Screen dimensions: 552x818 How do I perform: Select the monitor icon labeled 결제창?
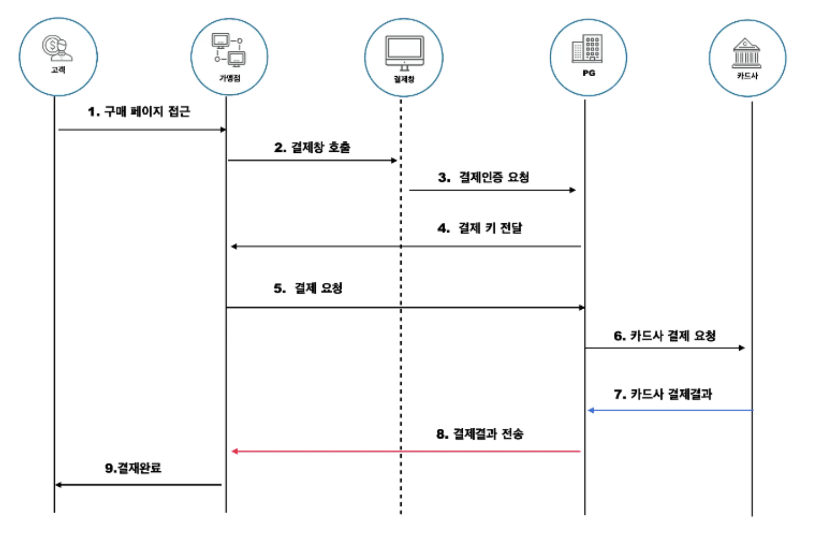(404, 53)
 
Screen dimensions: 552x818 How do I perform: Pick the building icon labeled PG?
(587, 49)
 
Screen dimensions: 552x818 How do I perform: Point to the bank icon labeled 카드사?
(746, 53)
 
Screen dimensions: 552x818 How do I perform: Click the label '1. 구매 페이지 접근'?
(139, 111)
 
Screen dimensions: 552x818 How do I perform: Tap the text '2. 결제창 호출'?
(312, 147)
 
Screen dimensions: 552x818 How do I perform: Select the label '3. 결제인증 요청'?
(483, 177)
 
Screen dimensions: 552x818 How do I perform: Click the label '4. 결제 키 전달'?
(479, 228)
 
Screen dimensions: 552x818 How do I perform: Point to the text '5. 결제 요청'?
(308, 288)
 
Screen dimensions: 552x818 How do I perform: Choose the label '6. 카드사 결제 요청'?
(664, 336)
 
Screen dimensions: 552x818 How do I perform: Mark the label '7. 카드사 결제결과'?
(662, 394)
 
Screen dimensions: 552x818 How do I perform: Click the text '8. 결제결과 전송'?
(479, 434)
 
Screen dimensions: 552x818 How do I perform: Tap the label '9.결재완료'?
(133, 468)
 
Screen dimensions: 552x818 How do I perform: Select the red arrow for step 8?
(406, 451)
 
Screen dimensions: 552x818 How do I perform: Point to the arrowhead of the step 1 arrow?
(223, 129)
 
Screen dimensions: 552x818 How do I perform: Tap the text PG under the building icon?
(589, 73)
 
